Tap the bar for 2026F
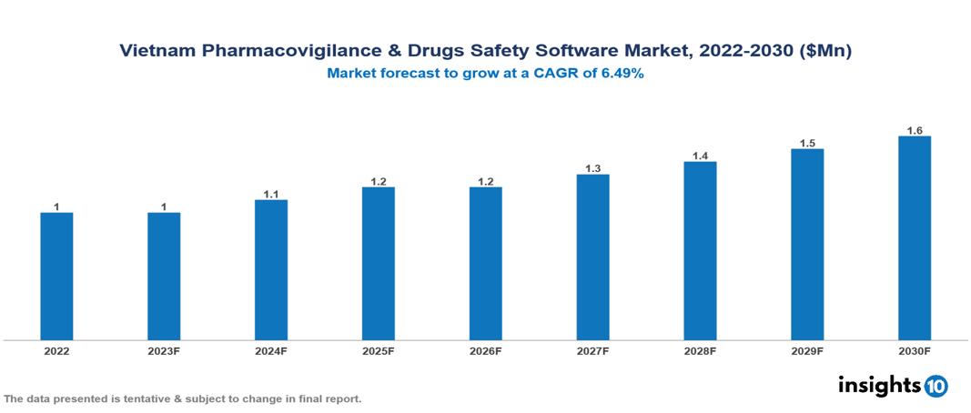point(485,264)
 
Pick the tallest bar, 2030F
point(915,238)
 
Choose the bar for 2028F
point(700,251)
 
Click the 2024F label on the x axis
point(271,350)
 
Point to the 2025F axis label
point(379,350)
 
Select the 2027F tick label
point(592,350)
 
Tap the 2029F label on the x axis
point(807,350)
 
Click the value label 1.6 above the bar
point(915,131)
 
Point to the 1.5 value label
point(807,144)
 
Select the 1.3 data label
point(592,169)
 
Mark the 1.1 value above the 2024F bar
point(271,195)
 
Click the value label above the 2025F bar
point(379,182)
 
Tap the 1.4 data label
point(700,156)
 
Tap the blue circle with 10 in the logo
point(936,386)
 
